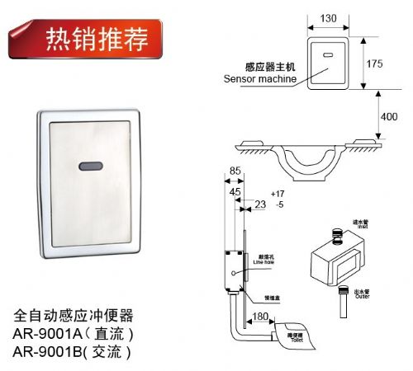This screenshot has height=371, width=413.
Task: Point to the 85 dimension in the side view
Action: point(235,172)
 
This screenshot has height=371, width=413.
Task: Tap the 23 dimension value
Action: point(259,204)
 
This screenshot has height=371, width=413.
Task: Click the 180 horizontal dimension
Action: point(258,317)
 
